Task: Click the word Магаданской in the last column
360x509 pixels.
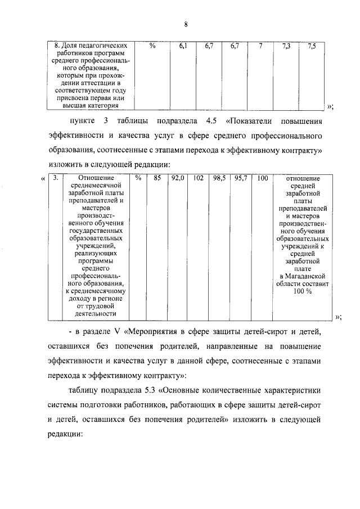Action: (x=309, y=276)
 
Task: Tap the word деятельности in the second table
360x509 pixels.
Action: (x=94, y=314)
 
